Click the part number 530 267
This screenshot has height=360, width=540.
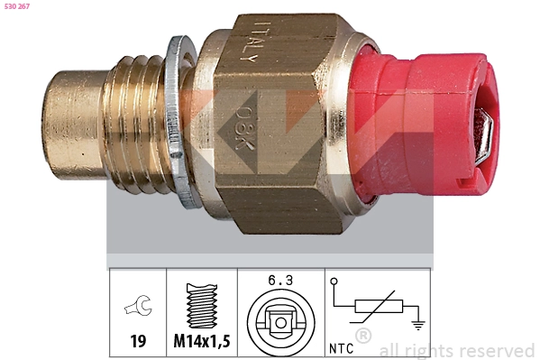[x=17, y=6]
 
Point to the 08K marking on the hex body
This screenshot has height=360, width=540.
[x=245, y=128]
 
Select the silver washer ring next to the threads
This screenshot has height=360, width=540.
[x=178, y=122]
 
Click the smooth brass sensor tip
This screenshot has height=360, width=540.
[x=75, y=125]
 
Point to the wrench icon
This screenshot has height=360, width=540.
[x=138, y=305]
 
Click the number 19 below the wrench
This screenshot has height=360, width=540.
[x=138, y=341]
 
